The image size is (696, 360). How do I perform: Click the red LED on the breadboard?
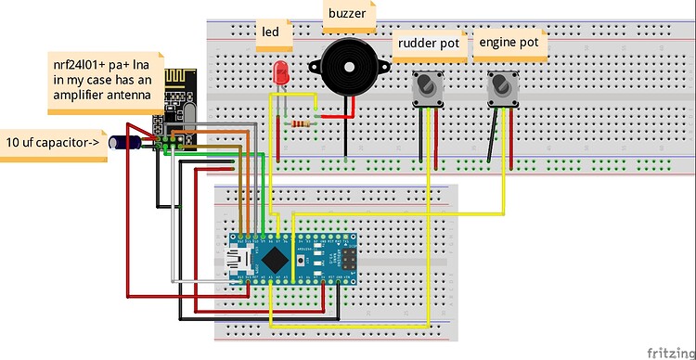[x=279, y=71]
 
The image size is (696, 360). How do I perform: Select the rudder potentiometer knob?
[x=426, y=89]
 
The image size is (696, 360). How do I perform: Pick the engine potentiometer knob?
[x=502, y=89]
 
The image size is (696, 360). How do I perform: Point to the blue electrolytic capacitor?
[x=123, y=142]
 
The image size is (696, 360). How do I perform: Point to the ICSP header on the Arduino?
[x=348, y=256]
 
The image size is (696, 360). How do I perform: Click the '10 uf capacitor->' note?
[x=54, y=144]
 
